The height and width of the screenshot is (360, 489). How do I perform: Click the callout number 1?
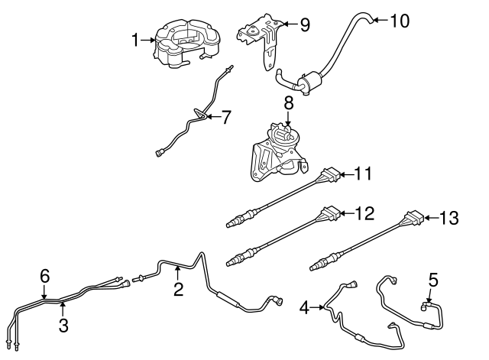pos(136,41)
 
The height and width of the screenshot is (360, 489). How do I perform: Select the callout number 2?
pos(178,289)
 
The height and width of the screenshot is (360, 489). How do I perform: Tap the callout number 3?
pos(64,325)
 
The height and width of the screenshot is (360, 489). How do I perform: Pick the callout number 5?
pos(433,281)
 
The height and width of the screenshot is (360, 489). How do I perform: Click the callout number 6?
pos(44,276)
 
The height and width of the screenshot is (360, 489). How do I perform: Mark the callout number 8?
pos(288,102)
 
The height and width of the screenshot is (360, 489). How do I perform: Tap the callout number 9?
pos(304,25)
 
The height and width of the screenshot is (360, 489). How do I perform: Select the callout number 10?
pos(400,21)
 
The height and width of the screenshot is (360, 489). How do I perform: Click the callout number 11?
pos(363,174)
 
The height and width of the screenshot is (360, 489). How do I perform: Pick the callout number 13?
pos(449,219)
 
